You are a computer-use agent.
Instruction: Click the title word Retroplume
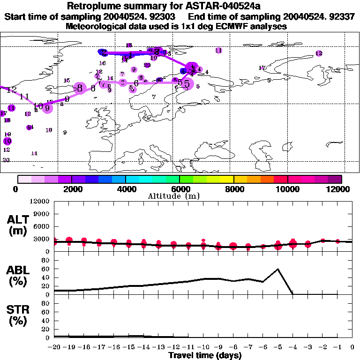[x=95, y=6]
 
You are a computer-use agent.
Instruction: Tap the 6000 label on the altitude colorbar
[x=180, y=189]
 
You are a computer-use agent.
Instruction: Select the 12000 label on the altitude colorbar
[x=340, y=189]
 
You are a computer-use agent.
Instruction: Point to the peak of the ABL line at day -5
[x=278, y=269]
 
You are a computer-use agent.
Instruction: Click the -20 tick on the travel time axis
[x=54, y=347]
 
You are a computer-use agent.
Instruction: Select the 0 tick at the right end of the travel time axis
[x=352, y=347]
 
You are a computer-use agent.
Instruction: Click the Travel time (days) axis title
[x=205, y=355]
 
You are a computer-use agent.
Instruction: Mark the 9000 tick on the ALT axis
[x=42, y=214]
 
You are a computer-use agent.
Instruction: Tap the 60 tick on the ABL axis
[x=46, y=269]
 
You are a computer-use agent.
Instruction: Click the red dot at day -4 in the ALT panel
[x=293, y=243]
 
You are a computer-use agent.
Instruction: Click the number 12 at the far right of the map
[x=319, y=53]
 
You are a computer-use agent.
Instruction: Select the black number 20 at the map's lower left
[x=6, y=160]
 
